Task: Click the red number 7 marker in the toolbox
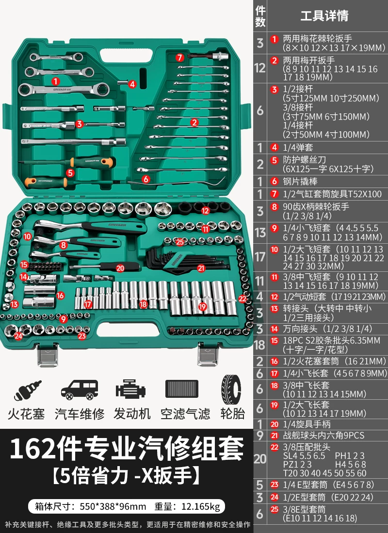tap(180, 58)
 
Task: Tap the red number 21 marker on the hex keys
tap(201, 268)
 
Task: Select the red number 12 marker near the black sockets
tap(205, 211)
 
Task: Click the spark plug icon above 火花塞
tap(27, 390)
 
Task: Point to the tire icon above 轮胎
tap(231, 390)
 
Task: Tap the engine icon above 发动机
tap(130, 390)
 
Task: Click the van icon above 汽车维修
tap(80, 390)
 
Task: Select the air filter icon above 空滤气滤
tap(182, 389)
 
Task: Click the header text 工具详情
tap(324, 16)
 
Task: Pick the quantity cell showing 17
tap(259, 257)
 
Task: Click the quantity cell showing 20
tap(259, 459)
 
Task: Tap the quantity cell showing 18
tap(259, 345)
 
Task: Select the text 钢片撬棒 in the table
tap(300, 181)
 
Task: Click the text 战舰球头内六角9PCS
tap(323, 436)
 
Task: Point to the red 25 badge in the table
tap(275, 509)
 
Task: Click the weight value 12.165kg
tap(201, 506)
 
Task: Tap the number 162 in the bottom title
tap(32, 449)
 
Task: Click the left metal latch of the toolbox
tap(48, 355)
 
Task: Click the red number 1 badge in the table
tap(275, 39)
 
